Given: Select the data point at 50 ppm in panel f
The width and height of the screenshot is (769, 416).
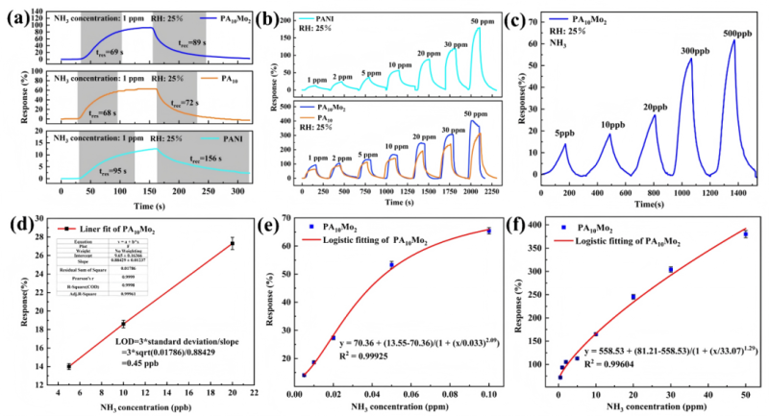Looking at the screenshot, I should click(745, 234).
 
